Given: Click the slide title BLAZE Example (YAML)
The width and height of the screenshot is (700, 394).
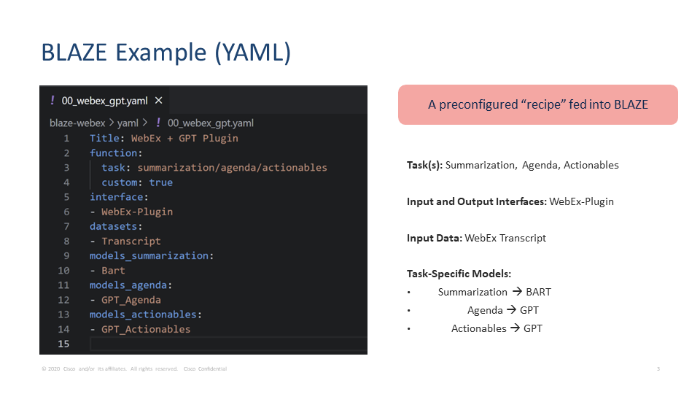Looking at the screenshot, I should (166, 53).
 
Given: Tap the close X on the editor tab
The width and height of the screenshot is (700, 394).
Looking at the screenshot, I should (158, 101).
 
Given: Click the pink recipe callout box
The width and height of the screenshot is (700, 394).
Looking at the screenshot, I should (537, 104).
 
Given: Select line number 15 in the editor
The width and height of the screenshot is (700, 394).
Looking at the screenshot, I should (64, 344).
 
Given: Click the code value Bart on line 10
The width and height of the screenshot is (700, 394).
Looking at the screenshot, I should (113, 270).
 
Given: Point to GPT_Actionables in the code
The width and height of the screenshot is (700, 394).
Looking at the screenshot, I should (146, 329).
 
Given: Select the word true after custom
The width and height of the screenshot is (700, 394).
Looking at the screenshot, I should (160, 182).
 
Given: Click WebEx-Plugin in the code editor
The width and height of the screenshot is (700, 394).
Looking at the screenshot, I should (137, 212).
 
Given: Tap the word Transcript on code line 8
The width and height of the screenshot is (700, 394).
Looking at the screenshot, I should (131, 241).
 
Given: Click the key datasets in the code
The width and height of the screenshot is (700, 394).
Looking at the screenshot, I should (115, 226).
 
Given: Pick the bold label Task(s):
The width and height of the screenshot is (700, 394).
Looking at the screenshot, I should (424, 165).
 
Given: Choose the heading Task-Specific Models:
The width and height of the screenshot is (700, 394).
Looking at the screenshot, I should (459, 274).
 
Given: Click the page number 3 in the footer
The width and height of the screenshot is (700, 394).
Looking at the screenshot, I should (658, 369).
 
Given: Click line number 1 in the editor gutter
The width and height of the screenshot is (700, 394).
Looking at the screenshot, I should (66, 138).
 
